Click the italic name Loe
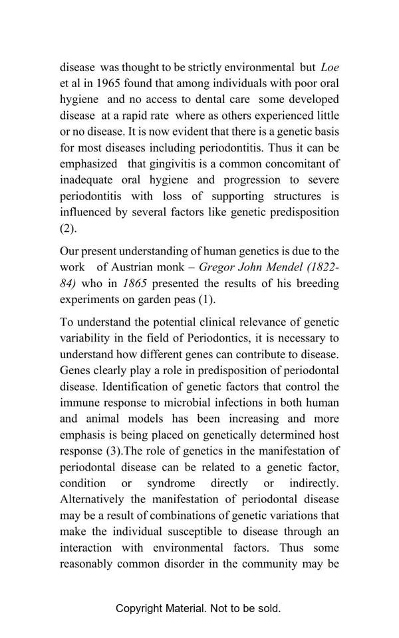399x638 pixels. [x=330, y=67]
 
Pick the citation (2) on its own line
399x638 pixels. [x=68, y=228]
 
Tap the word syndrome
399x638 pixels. [x=171, y=483]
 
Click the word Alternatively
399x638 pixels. [x=92, y=499]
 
